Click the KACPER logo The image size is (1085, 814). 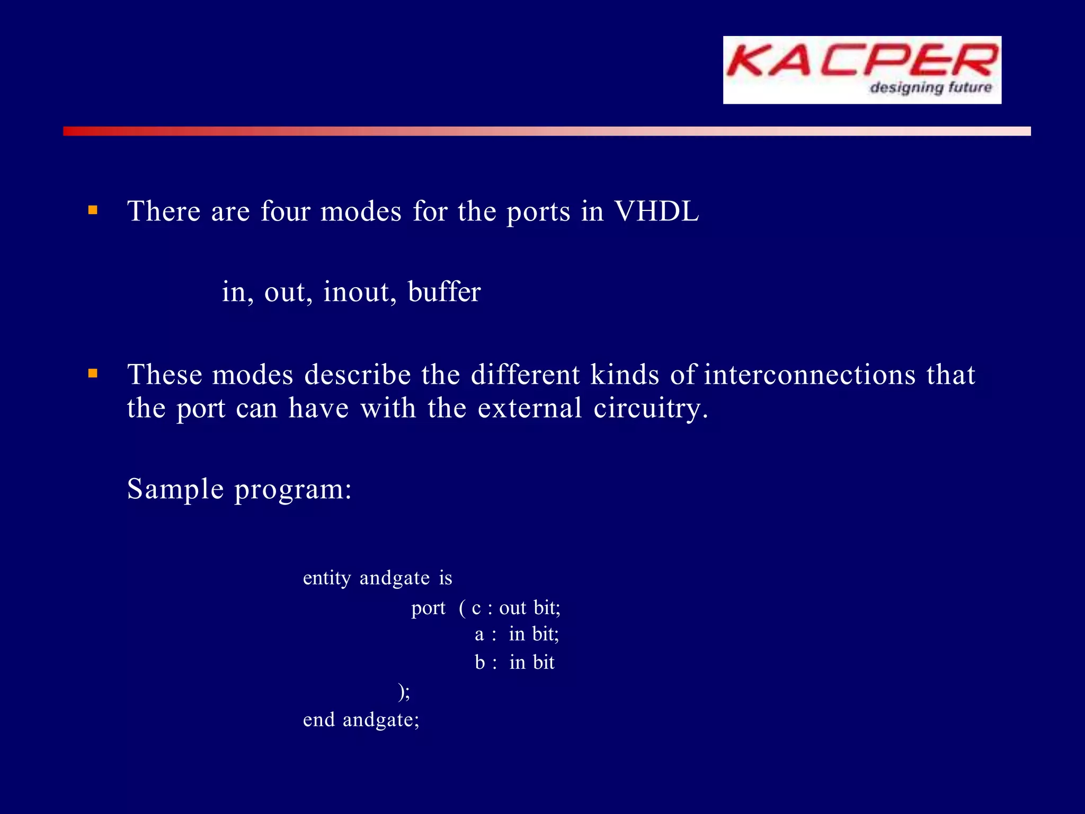[862, 69]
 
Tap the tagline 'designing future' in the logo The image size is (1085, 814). [930, 87]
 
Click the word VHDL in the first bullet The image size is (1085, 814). [656, 211]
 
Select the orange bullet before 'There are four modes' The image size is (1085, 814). [93, 210]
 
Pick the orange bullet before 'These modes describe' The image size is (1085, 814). [93, 374]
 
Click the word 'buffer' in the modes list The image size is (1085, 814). [444, 292]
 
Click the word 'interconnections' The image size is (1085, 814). [810, 375]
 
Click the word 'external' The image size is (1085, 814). [530, 409]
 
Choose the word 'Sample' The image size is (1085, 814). [175, 489]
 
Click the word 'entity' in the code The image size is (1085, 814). [327, 578]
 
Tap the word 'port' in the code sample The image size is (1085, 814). [428, 608]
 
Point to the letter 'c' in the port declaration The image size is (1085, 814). [476, 608]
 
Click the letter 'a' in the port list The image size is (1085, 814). [479, 634]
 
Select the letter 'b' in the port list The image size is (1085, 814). [479, 662]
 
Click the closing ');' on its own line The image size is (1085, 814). [404, 692]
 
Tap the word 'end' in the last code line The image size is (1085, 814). [318, 720]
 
